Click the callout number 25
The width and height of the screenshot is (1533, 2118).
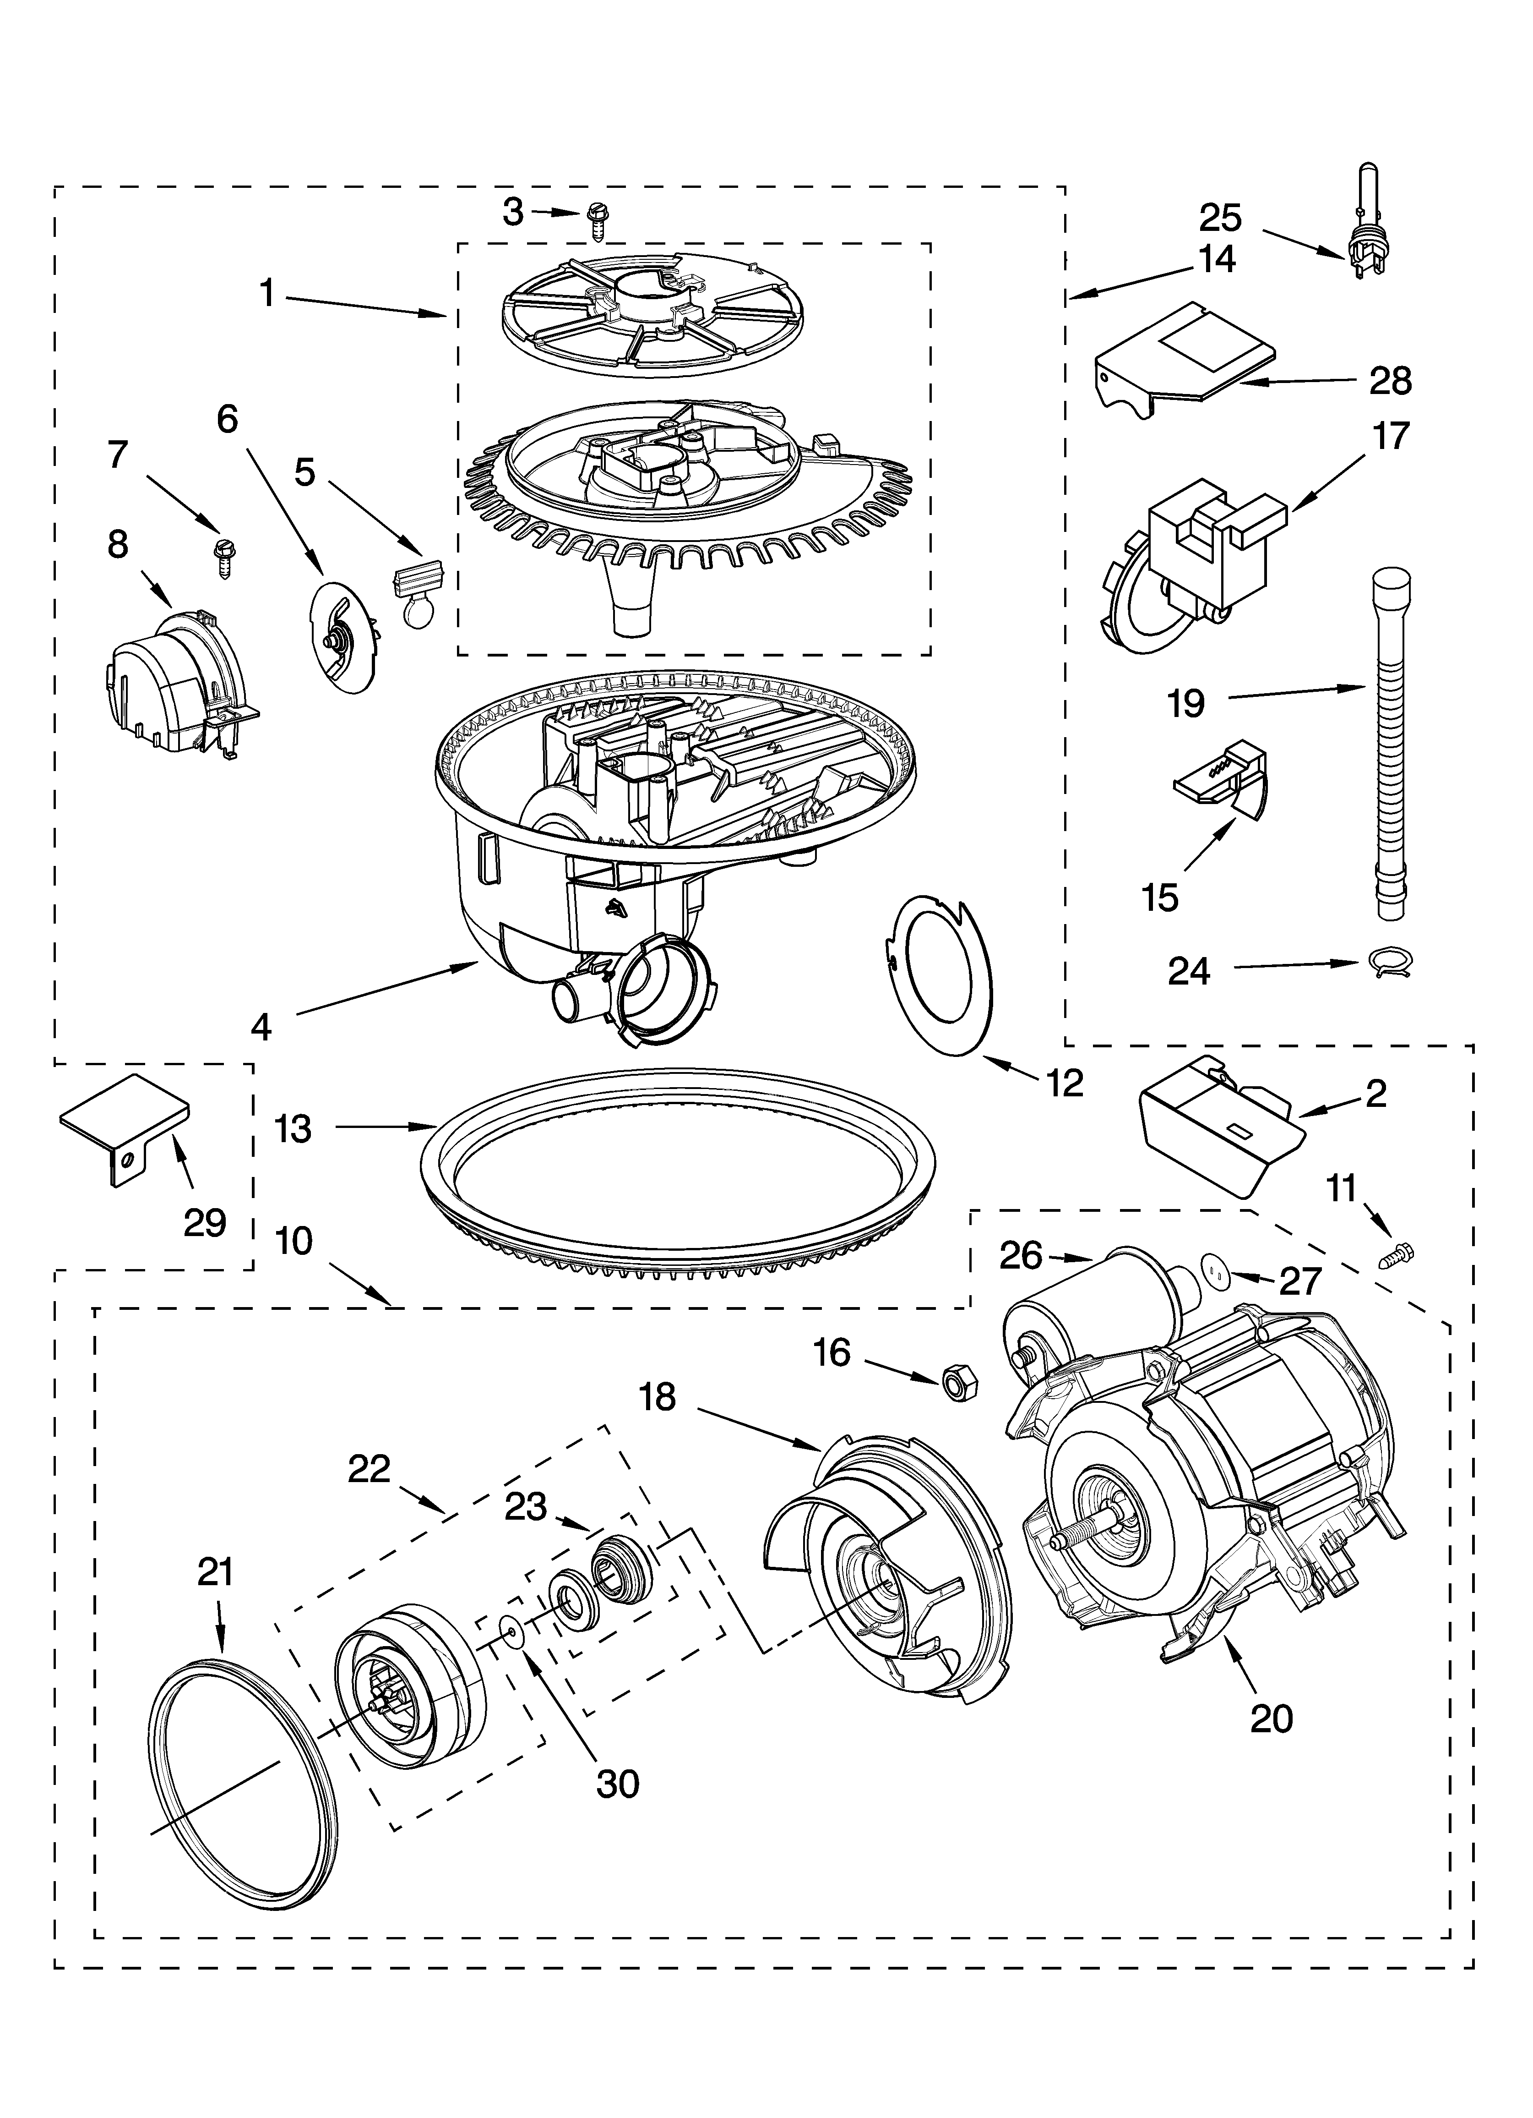[1220, 218]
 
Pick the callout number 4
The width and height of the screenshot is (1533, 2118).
[261, 1027]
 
